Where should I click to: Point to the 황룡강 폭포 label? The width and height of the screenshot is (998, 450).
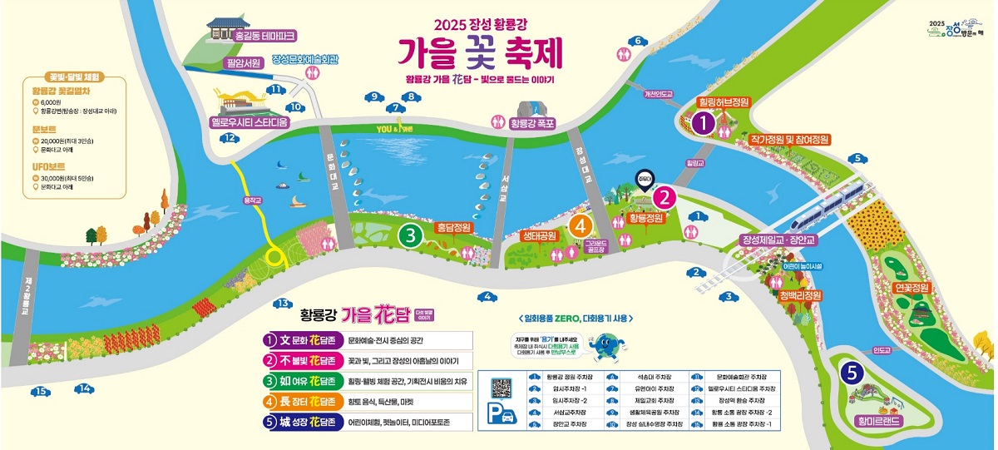point(534,123)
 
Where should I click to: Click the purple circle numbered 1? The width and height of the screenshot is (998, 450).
point(704,124)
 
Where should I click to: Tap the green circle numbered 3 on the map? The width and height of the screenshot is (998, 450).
point(408,235)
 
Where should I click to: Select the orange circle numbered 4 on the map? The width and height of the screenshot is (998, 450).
point(581,225)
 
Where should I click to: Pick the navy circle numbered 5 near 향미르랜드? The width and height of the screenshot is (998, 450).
point(850,373)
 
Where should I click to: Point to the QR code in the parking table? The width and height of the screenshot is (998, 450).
point(501,388)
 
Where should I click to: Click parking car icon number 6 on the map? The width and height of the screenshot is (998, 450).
point(639,41)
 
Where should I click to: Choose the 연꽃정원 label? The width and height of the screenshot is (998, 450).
point(910,288)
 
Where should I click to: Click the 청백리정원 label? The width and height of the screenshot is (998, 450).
point(800,295)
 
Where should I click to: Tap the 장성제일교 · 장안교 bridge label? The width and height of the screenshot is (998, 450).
point(780,240)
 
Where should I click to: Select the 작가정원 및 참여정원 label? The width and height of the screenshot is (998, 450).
point(789,140)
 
